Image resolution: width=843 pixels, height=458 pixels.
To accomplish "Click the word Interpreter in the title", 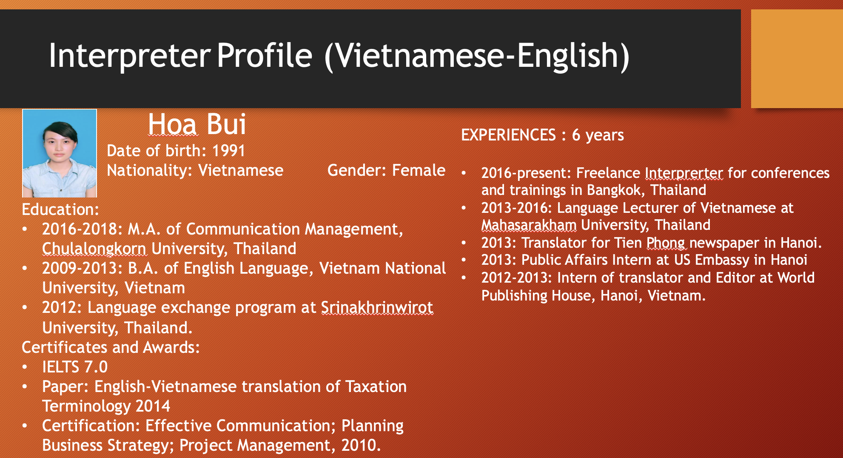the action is coord(130,56).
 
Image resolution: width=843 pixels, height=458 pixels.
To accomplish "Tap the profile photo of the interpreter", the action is coord(60,153).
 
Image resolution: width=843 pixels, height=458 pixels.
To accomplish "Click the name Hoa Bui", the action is coord(197,124).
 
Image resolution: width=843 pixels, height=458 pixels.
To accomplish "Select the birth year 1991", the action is coord(228,151).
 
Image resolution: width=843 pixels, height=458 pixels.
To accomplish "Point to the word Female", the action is coord(419,170).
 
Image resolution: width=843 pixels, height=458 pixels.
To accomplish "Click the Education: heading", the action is coord(60,209).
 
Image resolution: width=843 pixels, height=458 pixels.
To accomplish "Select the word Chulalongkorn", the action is coord(94,249).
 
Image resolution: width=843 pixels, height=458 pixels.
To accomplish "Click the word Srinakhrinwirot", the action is coord(377,307).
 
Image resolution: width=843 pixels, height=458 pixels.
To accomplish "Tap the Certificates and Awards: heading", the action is coord(111,347).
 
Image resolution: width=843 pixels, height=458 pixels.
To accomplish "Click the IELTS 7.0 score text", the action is coord(75,367).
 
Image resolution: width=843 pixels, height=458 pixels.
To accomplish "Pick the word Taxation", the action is coord(376,386).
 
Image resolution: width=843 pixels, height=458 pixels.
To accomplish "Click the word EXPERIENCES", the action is coord(508,135).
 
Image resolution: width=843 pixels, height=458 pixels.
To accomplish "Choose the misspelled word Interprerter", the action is coord(684,173).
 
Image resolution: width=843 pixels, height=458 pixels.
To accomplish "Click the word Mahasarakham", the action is coord(529,225).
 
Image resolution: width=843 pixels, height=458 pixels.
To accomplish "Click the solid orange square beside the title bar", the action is coord(797,59).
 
